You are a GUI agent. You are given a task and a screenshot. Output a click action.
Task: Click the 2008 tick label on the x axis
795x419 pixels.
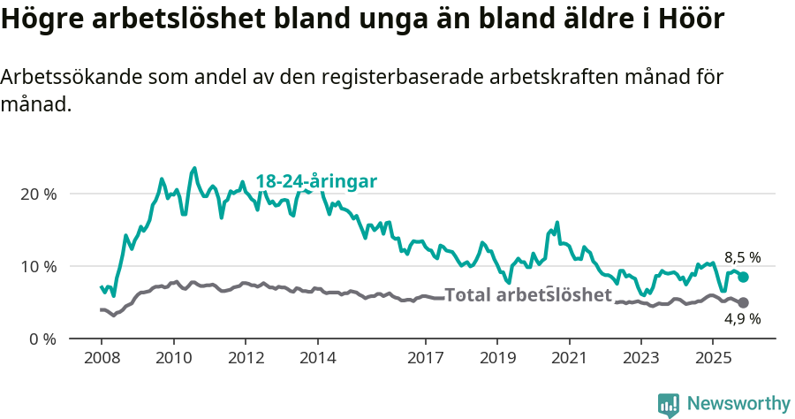pyautogui.click(x=101, y=358)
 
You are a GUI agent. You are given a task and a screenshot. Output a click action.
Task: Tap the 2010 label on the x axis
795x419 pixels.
pyautogui.click(x=173, y=358)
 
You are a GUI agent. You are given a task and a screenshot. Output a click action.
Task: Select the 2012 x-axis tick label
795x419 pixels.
pyautogui.click(x=246, y=358)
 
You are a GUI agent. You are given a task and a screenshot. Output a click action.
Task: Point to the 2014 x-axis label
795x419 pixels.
pyautogui.click(x=317, y=358)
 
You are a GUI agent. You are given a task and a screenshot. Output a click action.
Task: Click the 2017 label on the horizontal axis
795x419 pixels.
pyautogui.click(x=426, y=358)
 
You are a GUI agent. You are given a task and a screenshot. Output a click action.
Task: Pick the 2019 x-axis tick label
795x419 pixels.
pyautogui.click(x=497, y=358)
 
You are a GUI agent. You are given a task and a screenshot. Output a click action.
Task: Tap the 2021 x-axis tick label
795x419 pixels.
pyautogui.click(x=570, y=358)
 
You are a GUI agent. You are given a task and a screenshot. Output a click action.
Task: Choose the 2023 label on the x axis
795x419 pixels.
pyautogui.click(x=641, y=358)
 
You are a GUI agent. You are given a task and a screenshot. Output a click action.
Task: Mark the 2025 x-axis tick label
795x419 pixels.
pyautogui.click(x=714, y=358)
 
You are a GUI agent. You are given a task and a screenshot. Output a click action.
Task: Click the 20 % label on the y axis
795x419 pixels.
pyautogui.click(x=39, y=194)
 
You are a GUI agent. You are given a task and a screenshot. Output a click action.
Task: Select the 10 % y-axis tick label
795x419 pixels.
pyautogui.click(x=39, y=266)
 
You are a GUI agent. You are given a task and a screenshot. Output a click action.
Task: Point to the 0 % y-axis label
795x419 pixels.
pyautogui.click(x=42, y=339)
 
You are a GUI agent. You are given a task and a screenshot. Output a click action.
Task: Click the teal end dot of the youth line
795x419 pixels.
pyautogui.click(x=744, y=277)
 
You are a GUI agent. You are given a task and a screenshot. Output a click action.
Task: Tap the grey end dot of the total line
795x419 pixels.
pyautogui.click(x=744, y=303)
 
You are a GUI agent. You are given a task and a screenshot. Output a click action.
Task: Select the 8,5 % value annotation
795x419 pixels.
pyautogui.click(x=742, y=257)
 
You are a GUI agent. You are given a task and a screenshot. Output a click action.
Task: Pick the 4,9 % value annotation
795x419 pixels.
pyautogui.click(x=742, y=320)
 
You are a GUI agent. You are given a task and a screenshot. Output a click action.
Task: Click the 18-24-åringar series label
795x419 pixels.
pyautogui.click(x=316, y=181)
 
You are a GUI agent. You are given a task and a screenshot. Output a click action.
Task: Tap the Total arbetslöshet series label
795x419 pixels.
pyautogui.click(x=527, y=294)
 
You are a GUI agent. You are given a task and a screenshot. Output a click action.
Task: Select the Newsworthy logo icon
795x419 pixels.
pyautogui.click(x=669, y=405)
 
